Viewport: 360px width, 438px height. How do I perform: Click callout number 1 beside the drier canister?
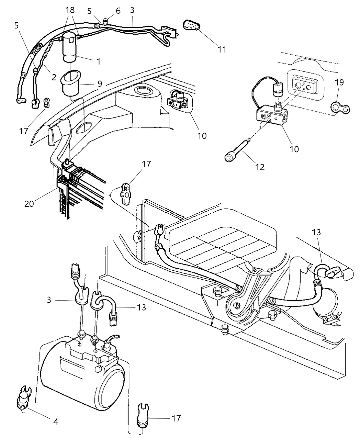tap(98, 62)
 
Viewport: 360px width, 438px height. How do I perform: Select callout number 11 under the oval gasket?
tap(222, 49)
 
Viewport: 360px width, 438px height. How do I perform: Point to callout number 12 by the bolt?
tap(260, 167)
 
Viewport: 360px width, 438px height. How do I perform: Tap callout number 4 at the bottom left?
tap(55, 422)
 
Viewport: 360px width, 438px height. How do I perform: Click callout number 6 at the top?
tap(118, 11)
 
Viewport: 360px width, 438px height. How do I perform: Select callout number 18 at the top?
tap(70, 10)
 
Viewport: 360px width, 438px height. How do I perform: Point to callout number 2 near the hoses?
tap(54, 77)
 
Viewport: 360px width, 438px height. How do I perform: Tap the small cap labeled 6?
tap(106, 21)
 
